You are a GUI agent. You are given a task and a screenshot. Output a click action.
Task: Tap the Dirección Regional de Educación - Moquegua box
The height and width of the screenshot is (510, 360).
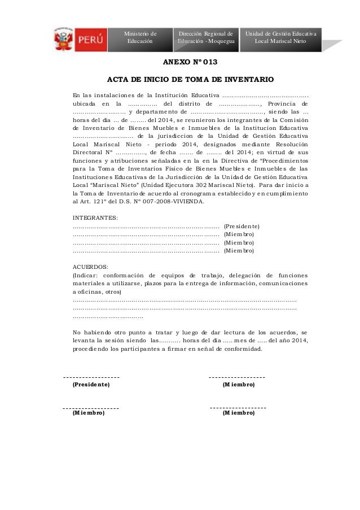[207, 38]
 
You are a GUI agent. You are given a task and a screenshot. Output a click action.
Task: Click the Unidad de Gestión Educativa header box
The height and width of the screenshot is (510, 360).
[280, 38]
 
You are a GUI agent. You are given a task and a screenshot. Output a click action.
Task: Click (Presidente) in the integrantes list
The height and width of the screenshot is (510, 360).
[242, 226]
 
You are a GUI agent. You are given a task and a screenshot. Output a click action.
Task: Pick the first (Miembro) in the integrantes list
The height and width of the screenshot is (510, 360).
[239, 234]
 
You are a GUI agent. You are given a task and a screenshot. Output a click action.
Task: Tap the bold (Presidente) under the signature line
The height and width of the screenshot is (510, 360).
[91, 385]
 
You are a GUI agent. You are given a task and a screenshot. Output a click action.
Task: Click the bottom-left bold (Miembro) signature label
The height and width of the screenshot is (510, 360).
[89, 413]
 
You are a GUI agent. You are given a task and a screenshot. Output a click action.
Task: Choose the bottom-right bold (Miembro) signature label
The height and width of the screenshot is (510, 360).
[239, 413]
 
